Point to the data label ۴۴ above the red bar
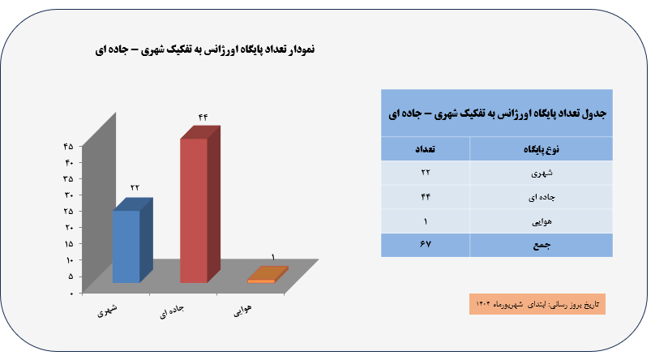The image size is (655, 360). pos(203,118)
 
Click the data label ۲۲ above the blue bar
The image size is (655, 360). pos(135,187)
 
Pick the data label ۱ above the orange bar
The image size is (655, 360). pos(273,257)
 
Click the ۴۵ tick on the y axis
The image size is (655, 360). pos(68,146)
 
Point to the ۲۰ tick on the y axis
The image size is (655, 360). pos(69,227)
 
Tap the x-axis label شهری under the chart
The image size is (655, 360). pos(107,311)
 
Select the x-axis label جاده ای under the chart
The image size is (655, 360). pos(172,311)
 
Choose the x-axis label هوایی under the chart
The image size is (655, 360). pos(242,311)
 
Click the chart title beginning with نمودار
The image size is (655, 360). pos(204,49)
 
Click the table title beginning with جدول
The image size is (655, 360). pos(497,114)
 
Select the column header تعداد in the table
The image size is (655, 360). pos(425,149)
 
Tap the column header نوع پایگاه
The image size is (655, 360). pos(542,149)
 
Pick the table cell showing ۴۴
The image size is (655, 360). pos(426,197)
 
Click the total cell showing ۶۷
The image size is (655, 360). pos(426,244)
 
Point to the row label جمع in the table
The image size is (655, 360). pos(542,245)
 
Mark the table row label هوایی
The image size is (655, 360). pos(542,221)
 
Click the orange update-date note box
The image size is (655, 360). pos(537,304)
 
